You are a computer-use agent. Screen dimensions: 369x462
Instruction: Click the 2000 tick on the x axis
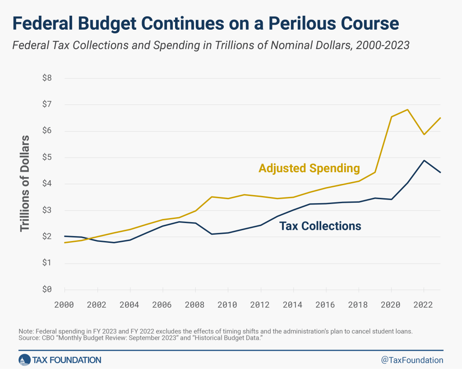click(x=65, y=305)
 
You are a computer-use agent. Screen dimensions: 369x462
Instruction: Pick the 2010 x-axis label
click(x=227, y=305)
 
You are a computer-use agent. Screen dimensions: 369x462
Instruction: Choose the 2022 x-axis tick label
click(x=424, y=305)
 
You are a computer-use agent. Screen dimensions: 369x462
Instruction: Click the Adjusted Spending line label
click(x=309, y=169)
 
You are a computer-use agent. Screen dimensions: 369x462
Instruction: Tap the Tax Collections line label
click(x=320, y=226)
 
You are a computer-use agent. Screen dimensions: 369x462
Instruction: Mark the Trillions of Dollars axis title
click(x=25, y=183)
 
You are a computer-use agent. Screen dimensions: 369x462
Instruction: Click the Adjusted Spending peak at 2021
click(x=408, y=109)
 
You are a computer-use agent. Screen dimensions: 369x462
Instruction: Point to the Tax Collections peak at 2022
click(x=424, y=160)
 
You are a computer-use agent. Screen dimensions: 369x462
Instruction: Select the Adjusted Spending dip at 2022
click(x=424, y=134)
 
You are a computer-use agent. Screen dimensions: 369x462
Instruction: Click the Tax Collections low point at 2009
click(x=212, y=234)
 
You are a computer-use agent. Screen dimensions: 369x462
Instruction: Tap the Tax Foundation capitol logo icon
click(x=24, y=360)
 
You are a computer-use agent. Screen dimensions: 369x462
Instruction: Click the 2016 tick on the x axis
click(x=326, y=305)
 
